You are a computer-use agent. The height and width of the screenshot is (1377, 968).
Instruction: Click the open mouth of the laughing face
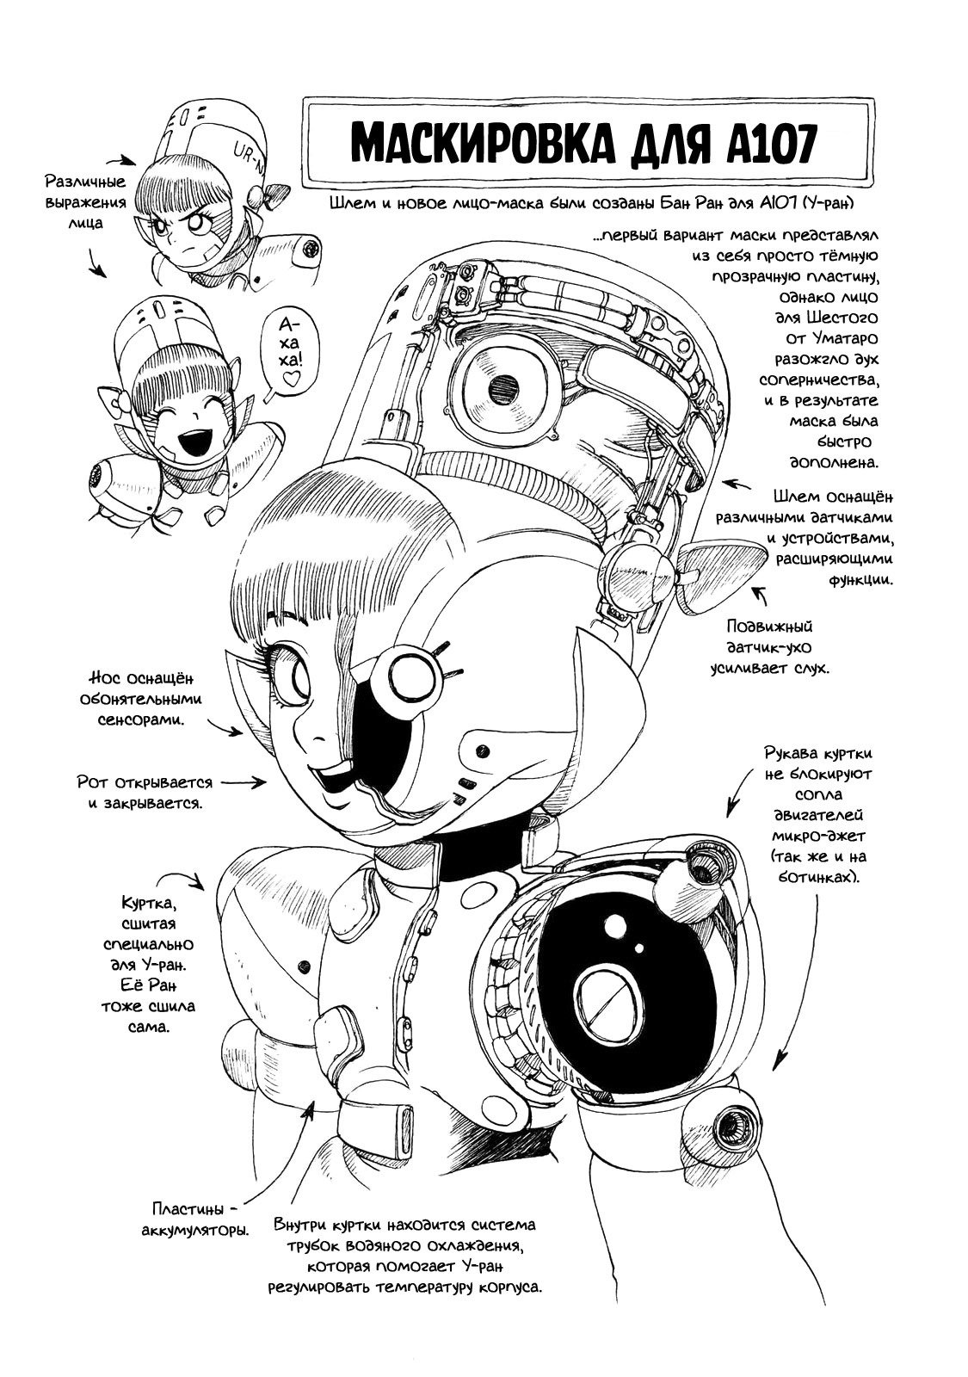coord(187,445)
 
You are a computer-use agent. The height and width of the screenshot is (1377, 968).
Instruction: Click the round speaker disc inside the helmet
coord(497,389)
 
